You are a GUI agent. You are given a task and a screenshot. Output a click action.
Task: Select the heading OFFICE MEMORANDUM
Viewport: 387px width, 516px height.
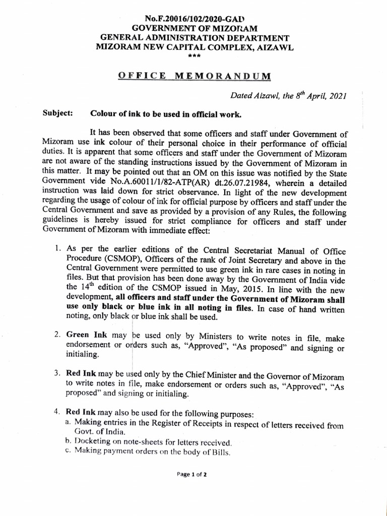click(x=194, y=76)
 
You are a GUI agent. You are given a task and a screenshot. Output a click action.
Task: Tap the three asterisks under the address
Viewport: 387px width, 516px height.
click(x=194, y=55)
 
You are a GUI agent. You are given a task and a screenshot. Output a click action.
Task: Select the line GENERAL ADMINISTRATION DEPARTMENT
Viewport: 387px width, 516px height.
click(x=194, y=38)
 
